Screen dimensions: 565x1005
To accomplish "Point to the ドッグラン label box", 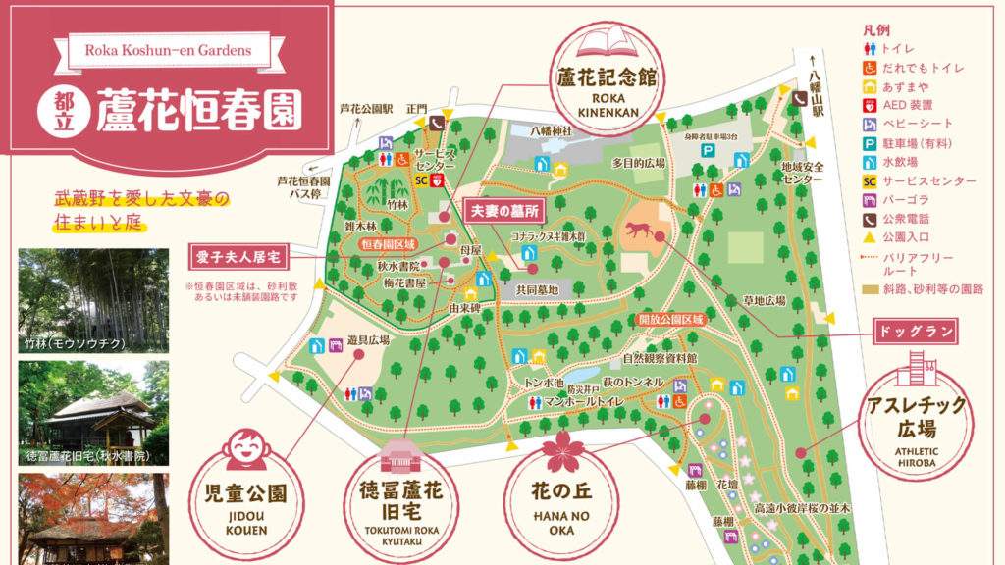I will coord(914,332).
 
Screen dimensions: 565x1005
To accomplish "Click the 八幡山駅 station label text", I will coord(817,86).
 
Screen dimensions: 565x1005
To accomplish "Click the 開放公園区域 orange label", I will coord(671,319).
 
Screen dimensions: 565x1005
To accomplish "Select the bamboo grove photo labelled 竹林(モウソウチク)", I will coord(93,299).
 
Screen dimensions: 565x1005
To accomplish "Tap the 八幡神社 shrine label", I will coord(549,129).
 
